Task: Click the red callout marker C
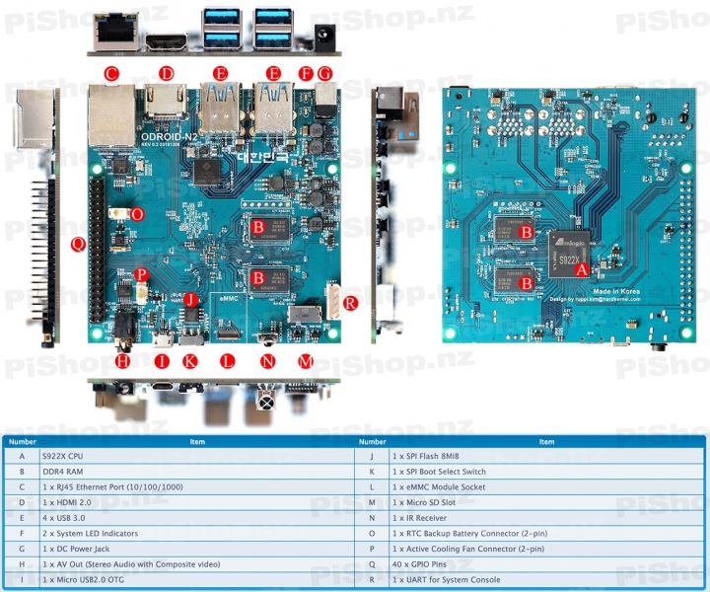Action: tap(110, 73)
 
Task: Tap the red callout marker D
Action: tap(167, 73)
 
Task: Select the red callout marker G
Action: tap(324, 73)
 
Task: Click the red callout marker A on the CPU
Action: tap(582, 266)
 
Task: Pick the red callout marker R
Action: tap(351, 303)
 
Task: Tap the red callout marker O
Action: tap(137, 213)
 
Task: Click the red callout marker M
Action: tap(306, 361)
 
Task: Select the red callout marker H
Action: tap(122, 361)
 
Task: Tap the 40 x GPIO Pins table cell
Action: tap(418, 563)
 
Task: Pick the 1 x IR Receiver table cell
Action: tap(418, 518)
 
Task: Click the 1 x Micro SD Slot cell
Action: tap(420, 502)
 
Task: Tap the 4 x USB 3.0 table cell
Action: tap(64, 518)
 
